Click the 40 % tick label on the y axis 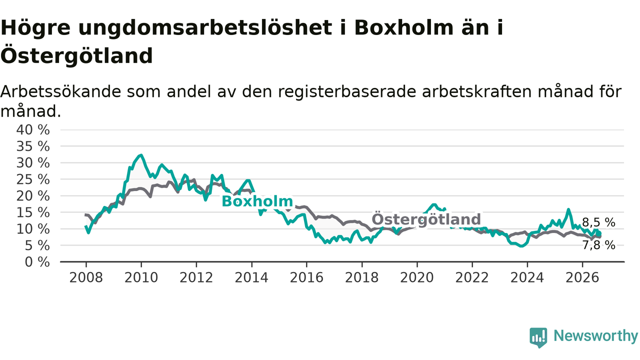pos(33,129)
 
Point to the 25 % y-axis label pos(33,179)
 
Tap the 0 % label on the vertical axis pos(37,261)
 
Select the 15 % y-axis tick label pos(33,212)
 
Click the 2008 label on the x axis pos(86,277)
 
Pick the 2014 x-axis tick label pos(251,277)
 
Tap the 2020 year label pos(417,277)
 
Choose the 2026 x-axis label pos(582,277)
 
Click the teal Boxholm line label pos(257,201)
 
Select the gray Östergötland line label pos(426,219)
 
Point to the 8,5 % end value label pos(598,222)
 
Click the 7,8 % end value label pos(598,245)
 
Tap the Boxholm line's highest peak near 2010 pos(141,155)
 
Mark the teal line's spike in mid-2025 pos(568,209)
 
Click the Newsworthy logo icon pos(538,337)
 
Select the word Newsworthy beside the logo pos(596,335)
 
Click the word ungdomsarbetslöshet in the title pos(205,28)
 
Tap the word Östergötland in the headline pos(76,55)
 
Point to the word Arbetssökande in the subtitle pos(61,91)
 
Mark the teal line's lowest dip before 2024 pos(521,245)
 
